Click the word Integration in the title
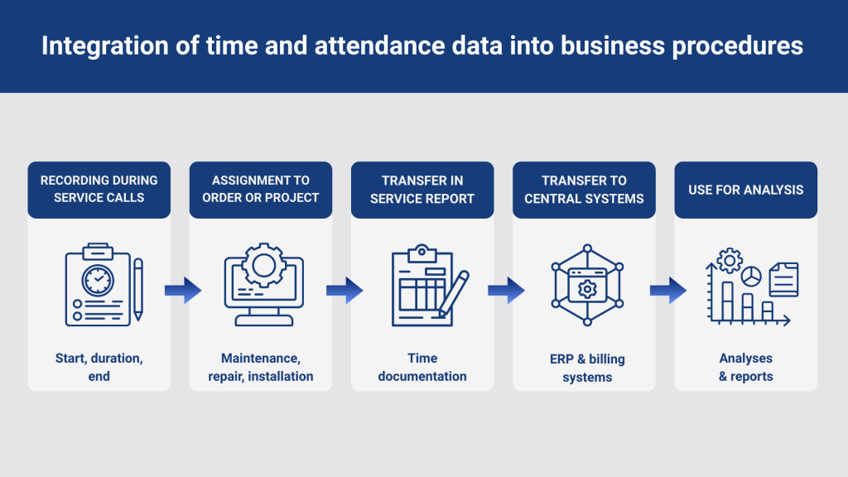click(105, 46)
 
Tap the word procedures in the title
click(737, 46)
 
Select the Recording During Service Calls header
click(99, 190)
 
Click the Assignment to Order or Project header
click(261, 190)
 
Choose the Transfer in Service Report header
click(422, 190)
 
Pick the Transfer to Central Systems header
click(584, 190)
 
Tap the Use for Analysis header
click(746, 190)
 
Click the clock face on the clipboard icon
click(98, 280)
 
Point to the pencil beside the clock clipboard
click(138, 289)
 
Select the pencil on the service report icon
click(453, 294)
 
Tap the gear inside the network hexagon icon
click(587, 289)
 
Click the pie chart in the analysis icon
click(751, 277)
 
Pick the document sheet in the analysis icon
click(783, 279)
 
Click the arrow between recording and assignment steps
click(183, 291)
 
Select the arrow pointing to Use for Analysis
click(668, 291)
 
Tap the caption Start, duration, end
click(99, 367)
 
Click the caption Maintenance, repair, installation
click(261, 367)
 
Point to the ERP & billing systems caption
click(587, 368)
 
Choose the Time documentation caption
click(422, 367)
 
